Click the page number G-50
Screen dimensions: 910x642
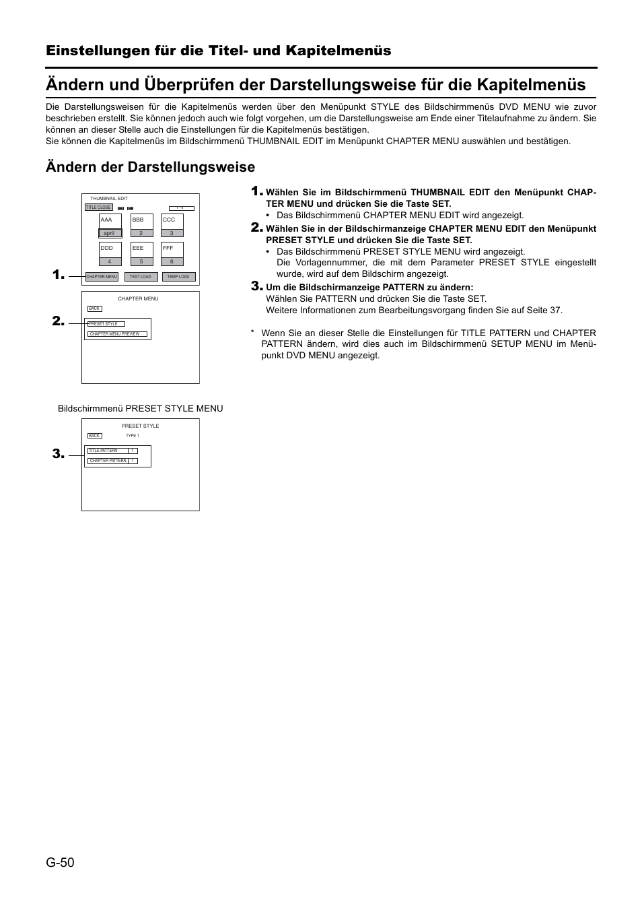[x=60, y=862]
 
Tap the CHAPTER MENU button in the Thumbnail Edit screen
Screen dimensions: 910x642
[x=102, y=277]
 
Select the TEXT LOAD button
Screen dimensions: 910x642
[x=141, y=277]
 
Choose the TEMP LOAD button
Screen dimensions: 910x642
[x=178, y=277]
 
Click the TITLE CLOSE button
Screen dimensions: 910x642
[x=98, y=207]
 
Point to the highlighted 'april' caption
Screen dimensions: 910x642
[x=110, y=233]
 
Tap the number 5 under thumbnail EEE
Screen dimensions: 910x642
[x=141, y=261]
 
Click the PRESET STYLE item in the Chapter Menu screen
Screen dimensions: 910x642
[x=106, y=324]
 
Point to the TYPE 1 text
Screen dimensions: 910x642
[x=133, y=436]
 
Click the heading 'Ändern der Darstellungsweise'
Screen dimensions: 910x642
[x=150, y=167]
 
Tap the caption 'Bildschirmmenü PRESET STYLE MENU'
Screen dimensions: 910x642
[x=140, y=408]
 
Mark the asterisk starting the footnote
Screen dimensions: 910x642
[x=252, y=333]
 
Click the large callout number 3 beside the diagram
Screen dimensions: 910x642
[x=58, y=455]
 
